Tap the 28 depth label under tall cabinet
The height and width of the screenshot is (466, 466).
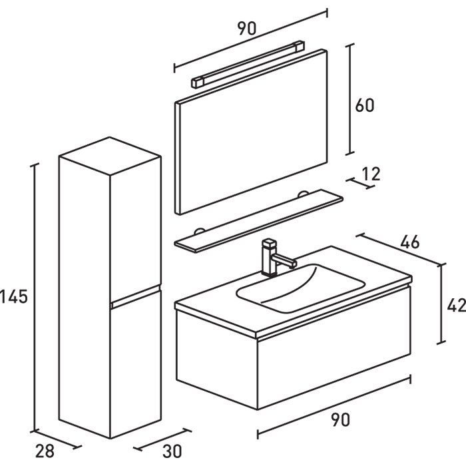tap(45, 451)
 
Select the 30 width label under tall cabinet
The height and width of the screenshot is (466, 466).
tap(171, 451)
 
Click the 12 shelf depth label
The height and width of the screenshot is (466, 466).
tap(371, 174)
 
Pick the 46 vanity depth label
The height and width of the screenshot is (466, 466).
tap(410, 242)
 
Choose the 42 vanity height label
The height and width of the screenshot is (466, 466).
tap(456, 306)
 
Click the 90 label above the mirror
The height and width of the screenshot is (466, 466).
tap(246, 28)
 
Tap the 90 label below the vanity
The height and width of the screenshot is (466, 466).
tap(340, 419)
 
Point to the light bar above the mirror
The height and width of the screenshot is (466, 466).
tap(248, 64)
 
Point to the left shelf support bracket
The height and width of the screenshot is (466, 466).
tap(198, 231)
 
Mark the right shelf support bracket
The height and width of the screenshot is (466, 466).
tap(303, 194)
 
